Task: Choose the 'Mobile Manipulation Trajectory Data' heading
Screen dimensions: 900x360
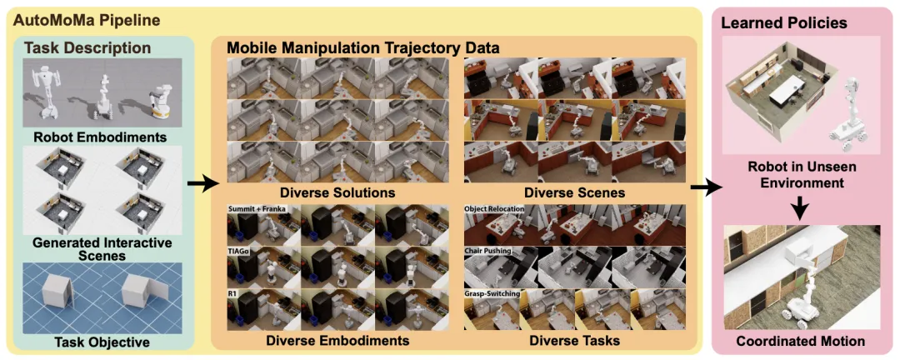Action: pos(363,48)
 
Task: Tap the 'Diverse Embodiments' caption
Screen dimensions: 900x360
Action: pos(337,340)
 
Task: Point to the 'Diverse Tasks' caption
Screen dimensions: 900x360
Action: pos(574,340)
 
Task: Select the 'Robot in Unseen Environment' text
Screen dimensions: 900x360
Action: pos(800,174)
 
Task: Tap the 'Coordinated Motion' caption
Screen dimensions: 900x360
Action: pos(800,342)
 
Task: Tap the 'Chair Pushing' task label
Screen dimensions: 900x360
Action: pos(488,251)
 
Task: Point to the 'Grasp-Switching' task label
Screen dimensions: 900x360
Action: pos(492,294)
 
